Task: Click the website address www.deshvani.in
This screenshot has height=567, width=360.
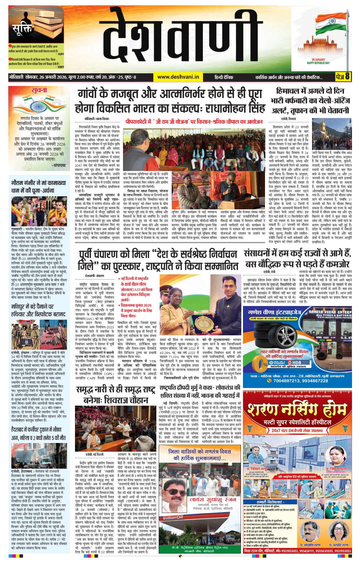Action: click(178, 77)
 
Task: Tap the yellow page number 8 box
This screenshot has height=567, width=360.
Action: click(343, 77)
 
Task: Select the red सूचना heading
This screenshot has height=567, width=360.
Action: click(39, 90)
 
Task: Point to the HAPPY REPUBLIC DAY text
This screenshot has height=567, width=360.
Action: click(318, 63)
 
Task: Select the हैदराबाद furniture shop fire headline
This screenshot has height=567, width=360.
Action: click(38, 433)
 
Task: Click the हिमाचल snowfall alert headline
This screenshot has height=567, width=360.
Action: click(310, 101)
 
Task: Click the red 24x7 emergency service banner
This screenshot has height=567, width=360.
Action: click(297, 430)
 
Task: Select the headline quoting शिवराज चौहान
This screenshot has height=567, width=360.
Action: click(116, 394)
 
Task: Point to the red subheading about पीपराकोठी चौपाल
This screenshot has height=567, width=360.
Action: click(194, 122)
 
